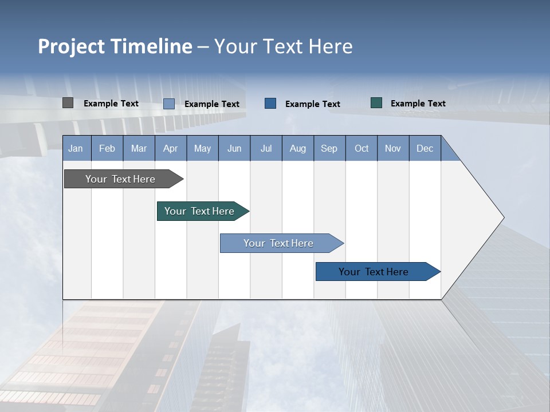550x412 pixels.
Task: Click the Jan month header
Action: pyautogui.click(x=76, y=148)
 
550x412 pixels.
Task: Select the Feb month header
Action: pyautogui.click(x=107, y=148)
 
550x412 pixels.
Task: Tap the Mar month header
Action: pyautogui.click(x=139, y=148)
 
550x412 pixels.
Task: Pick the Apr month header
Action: pyautogui.click(x=171, y=148)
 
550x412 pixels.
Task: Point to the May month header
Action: pyautogui.click(x=202, y=148)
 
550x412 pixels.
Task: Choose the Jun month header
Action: pyautogui.click(x=234, y=148)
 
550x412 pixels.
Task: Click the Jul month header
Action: pyautogui.click(x=266, y=148)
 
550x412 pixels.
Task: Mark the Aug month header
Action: pyautogui.click(x=298, y=148)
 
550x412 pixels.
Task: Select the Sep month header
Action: pyautogui.click(x=329, y=148)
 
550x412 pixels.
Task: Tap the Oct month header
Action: pyautogui.click(x=362, y=148)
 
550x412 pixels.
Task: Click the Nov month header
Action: pyautogui.click(x=393, y=148)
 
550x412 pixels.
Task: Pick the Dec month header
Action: pyautogui.click(x=425, y=148)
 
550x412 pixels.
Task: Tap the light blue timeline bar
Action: pyautogui.click(x=279, y=243)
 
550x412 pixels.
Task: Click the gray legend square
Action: pyautogui.click(x=68, y=103)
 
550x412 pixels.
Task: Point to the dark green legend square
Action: pyautogui.click(x=376, y=103)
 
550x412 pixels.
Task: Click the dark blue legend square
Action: pyautogui.click(x=270, y=103)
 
